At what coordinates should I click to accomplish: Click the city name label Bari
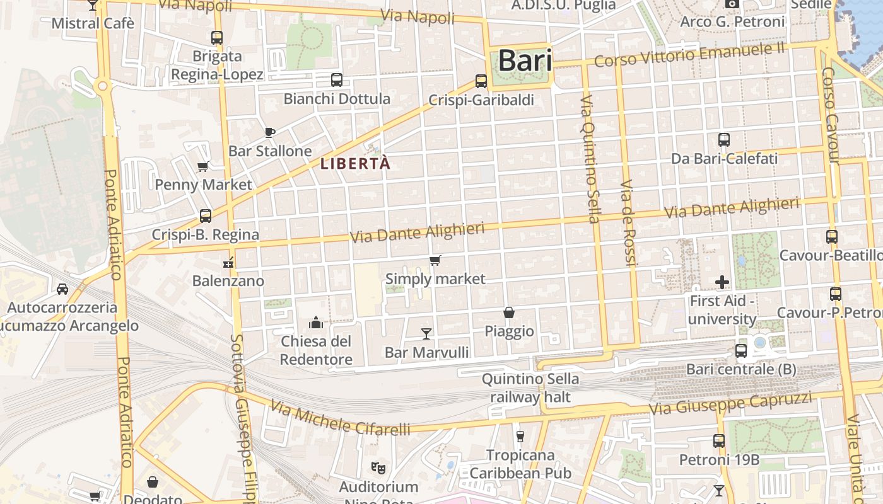525,61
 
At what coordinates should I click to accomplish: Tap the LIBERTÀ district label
356,164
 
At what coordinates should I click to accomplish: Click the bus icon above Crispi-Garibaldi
481,81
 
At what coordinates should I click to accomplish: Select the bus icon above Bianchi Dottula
337,80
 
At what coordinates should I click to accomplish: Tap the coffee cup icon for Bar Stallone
270,132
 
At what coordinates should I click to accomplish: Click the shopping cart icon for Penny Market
203,166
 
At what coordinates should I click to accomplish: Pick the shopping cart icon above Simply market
435,260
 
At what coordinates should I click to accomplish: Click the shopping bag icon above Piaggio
509,312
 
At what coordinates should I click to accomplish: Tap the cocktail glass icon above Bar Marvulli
426,333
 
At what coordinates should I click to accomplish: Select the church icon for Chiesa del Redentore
316,323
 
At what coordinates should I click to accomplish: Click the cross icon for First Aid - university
722,282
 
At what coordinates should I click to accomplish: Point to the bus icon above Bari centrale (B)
741,351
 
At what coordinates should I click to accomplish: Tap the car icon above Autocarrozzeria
62,289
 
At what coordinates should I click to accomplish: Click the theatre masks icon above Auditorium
378,468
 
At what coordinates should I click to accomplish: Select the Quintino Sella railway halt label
530,388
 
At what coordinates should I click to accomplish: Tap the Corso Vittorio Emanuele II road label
689,55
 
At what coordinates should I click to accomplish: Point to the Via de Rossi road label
628,222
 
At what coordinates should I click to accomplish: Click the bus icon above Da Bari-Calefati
724,140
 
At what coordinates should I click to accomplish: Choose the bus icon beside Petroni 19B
719,441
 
